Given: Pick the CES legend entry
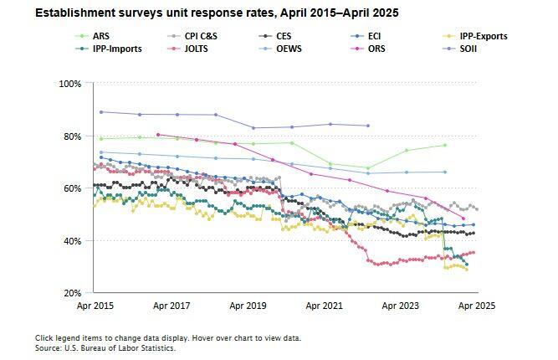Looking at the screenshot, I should pos(284,36).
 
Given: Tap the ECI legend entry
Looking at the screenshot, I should pos(374,36).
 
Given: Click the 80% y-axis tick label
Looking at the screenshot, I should pos(71,136).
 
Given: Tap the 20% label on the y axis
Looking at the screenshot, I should pos(71,293).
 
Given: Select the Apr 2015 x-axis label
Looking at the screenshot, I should pos(95,306).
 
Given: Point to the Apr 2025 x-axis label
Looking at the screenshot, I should pos(477,306).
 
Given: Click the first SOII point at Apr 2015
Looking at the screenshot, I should pos(101,112).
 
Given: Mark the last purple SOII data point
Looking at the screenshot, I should pos(369,126).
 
